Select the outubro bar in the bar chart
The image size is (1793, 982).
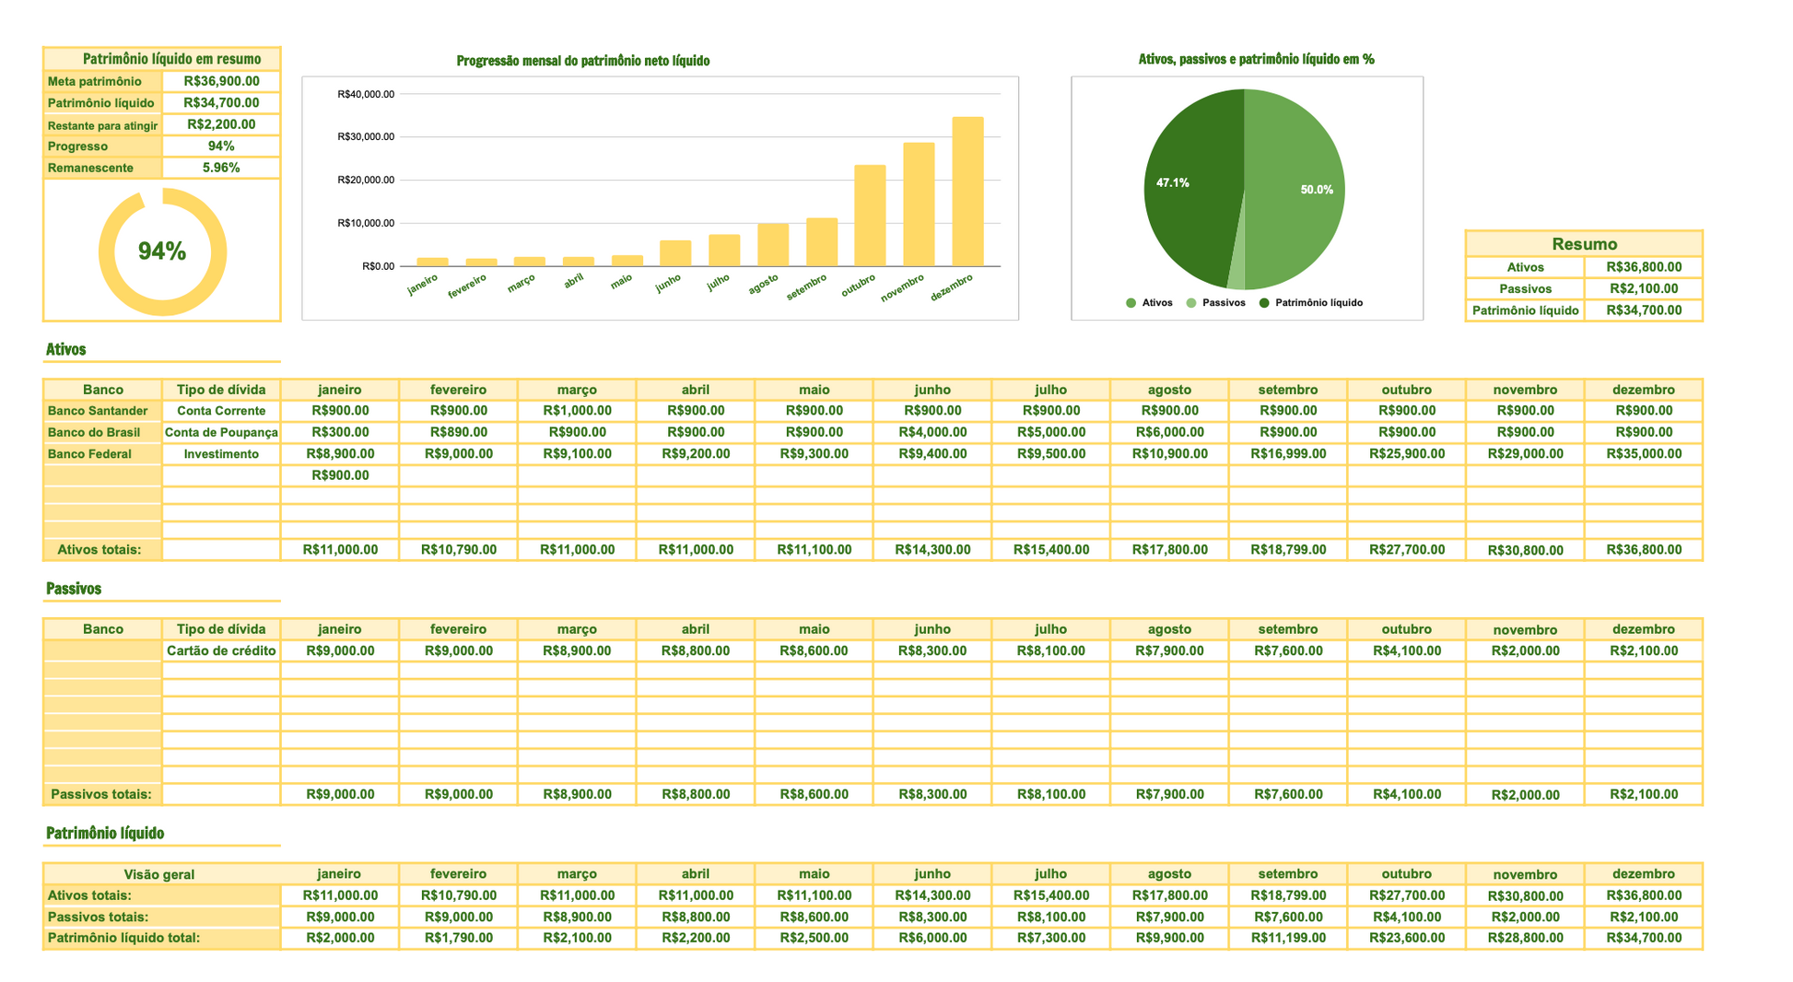point(870,216)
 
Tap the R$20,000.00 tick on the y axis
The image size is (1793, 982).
point(366,180)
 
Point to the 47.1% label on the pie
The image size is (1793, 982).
point(1172,183)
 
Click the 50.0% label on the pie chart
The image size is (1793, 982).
point(1317,190)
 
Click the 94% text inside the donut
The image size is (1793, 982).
point(162,251)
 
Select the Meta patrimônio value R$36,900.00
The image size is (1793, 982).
point(221,81)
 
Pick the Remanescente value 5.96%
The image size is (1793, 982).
point(221,168)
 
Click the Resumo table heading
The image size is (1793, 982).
point(1584,244)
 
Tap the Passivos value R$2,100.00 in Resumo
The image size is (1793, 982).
point(1643,288)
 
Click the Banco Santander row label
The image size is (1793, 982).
point(98,411)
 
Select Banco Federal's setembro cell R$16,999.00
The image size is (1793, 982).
point(1287,454)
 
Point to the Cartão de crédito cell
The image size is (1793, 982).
point(221,650)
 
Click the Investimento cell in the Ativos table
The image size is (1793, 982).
point(221,454)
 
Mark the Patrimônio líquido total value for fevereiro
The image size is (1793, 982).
point(458,938)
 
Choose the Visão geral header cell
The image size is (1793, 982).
point(159,874)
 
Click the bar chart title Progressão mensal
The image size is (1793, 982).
point(582,61)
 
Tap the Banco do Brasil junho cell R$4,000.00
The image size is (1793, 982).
point(932,432)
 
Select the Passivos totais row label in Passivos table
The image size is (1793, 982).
point(101,794)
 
